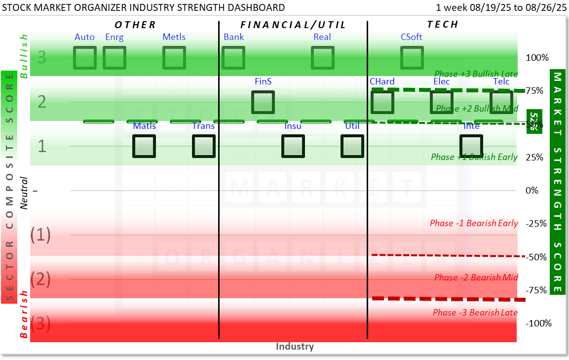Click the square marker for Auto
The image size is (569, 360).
point(85,58)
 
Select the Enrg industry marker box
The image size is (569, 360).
point(114,58)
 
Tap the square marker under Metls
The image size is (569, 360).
point(174,58)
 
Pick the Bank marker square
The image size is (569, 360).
point(233,58)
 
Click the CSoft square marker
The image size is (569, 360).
point(412,58)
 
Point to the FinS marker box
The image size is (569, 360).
point(263,102)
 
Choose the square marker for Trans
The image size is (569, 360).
point(204,146)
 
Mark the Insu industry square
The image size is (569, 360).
point(293,146)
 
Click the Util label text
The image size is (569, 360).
point(352,126)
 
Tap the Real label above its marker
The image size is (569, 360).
point(322,37)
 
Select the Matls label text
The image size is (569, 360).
point(145,126)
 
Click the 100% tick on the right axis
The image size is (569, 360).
point(537,58)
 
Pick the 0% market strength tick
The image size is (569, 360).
point(531,191)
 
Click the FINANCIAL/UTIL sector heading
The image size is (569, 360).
point(293,25)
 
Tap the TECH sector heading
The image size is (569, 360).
point(443,24)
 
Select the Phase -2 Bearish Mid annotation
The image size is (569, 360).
point(476,278)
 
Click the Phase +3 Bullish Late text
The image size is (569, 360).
point(476,74)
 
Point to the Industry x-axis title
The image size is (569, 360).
point(295,346)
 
